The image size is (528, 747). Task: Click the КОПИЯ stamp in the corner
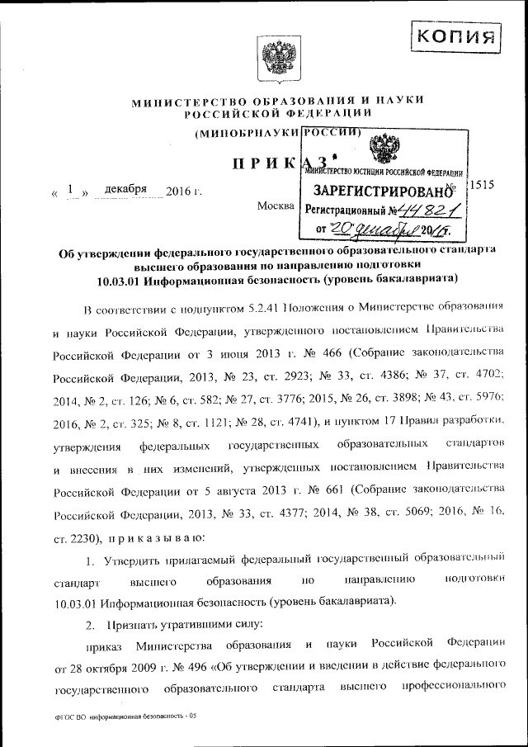(456, 36)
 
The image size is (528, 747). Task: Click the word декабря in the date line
(120, 191)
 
